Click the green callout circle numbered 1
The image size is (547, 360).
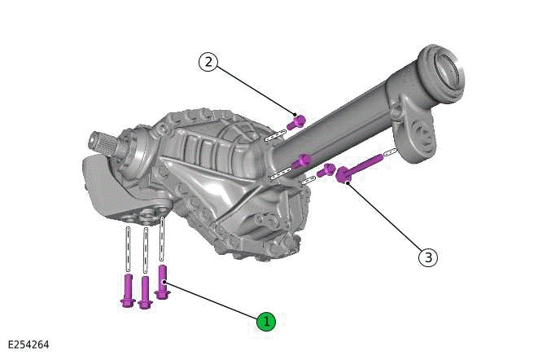(x=266, y=322)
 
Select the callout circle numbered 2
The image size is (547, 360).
(x=209, y=62)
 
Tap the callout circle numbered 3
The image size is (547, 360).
(x=428, y=257)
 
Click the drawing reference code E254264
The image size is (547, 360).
(x=28, y=345)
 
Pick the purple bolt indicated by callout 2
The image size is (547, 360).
(x=297, y=122)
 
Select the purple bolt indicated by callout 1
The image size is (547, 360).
(x=162, y=282)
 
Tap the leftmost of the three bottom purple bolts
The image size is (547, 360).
(x=127, y=292)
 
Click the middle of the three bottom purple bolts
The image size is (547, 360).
(x=145, y=292)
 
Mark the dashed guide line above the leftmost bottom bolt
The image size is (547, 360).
(x=127, y=249)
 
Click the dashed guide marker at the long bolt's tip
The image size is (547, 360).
(x=391, y=152)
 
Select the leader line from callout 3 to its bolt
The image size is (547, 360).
(x=386, y=220)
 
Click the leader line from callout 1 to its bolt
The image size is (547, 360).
(x=213, y=301)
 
